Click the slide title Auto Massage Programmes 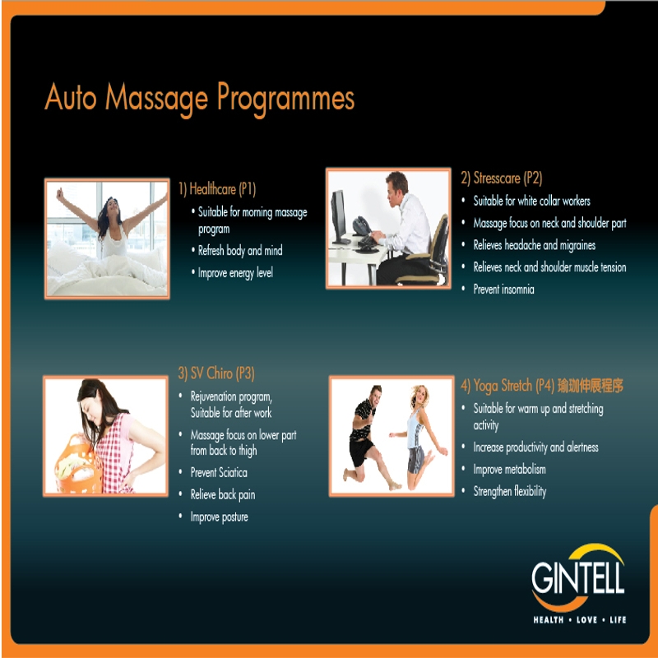(x=199, y=99)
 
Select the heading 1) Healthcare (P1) (x=217, y=189)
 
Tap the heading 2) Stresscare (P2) (x=502, y=178)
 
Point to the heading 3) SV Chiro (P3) (x=216, y=373)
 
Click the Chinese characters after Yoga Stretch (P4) (x=591, y=385)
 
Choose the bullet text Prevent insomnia (x=503, y=290)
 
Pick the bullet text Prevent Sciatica (x=219, y=472)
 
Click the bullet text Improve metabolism (x=509, y=469)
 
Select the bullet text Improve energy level (x=235, y=273)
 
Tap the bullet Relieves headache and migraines (x=534, y=245)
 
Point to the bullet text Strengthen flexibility (x=510, y=491)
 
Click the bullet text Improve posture (x=219, y=517)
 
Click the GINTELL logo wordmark (x=578, y=577)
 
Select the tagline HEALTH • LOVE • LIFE (x=580, y=620)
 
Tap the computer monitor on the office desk (x=340, y=217)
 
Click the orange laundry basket (x=78, y=466)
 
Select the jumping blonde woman (x=418, y=437)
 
